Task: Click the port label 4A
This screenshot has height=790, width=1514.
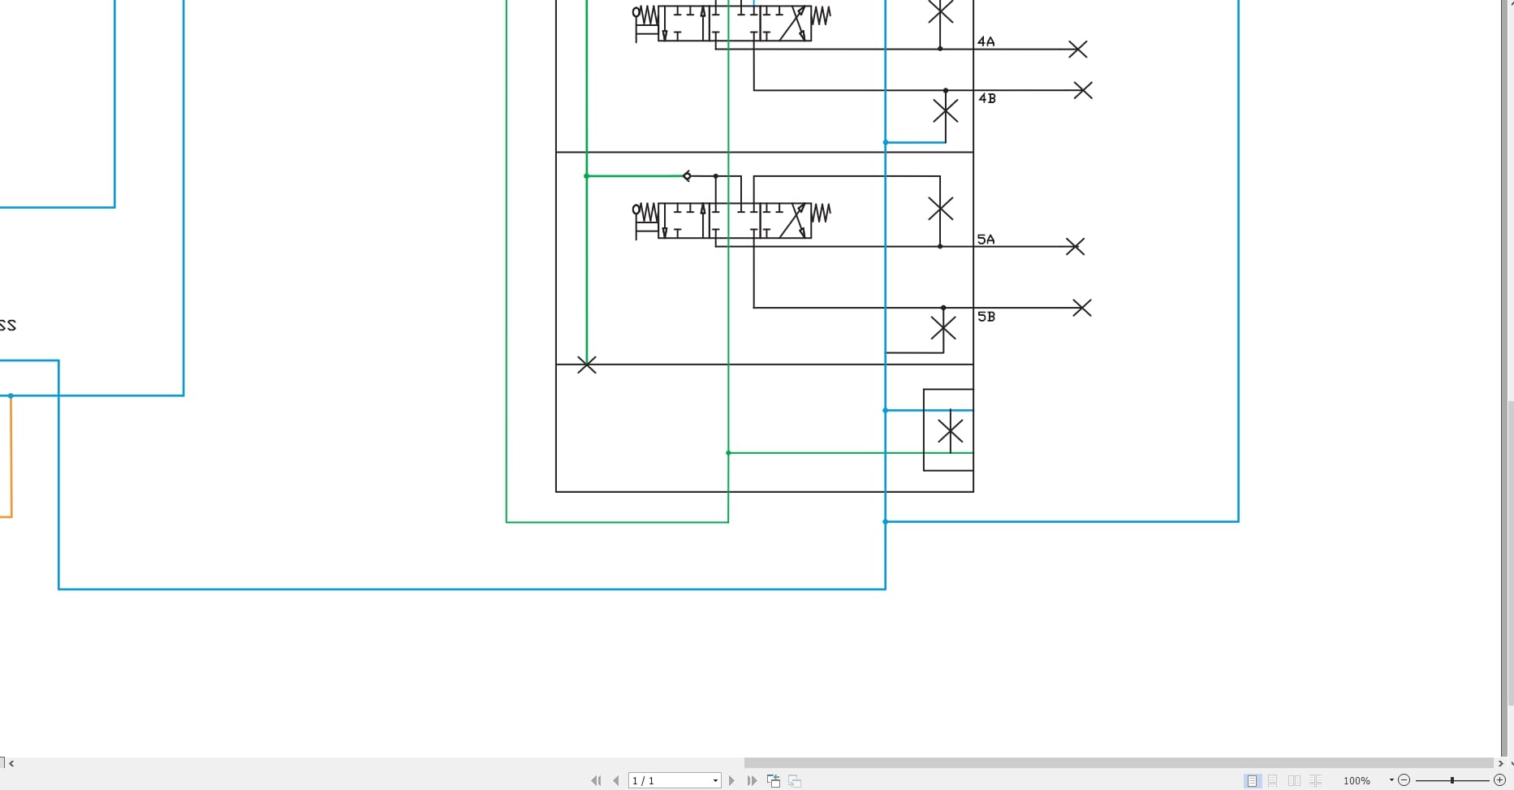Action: tap(986, 41)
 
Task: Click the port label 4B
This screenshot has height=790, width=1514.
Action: tap(986, 98)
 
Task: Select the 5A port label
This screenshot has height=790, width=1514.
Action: tap(986, 240)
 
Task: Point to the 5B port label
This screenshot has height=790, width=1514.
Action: tap(986, 317)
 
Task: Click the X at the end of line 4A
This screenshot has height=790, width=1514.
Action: tap(1077, 50)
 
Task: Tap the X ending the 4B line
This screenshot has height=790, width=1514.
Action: tap(1082, 90)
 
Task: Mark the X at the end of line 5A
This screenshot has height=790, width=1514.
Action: tap(1075, 246)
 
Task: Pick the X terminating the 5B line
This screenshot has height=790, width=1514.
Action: tap(1081, 308)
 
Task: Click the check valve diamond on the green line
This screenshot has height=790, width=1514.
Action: tap(687, 176)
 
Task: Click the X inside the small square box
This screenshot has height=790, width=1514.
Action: tap(950, 430)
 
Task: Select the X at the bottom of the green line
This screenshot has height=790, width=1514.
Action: tap(586, 365)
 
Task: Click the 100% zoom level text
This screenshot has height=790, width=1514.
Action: tap(1357, 780)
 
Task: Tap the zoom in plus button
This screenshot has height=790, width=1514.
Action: tap(1499, 780)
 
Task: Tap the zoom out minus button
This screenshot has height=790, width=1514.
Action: tap(1404, 780)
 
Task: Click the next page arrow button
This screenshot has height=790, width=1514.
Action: tap(731, 780)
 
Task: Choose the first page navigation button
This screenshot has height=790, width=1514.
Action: tap(596, 780)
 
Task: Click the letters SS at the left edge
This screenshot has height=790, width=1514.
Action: tap(8, 326)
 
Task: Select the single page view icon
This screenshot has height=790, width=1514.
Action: tap(1252, 780)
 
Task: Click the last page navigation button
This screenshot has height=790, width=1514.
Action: tap(752, 780)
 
